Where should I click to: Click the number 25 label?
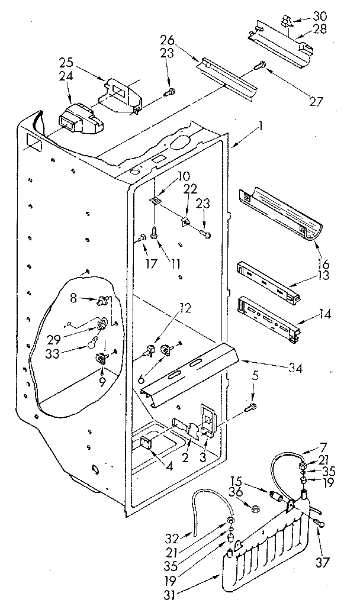[x=67, y=62]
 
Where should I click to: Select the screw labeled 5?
[x=251, y=407]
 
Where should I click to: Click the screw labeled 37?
[x=321, y=521]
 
